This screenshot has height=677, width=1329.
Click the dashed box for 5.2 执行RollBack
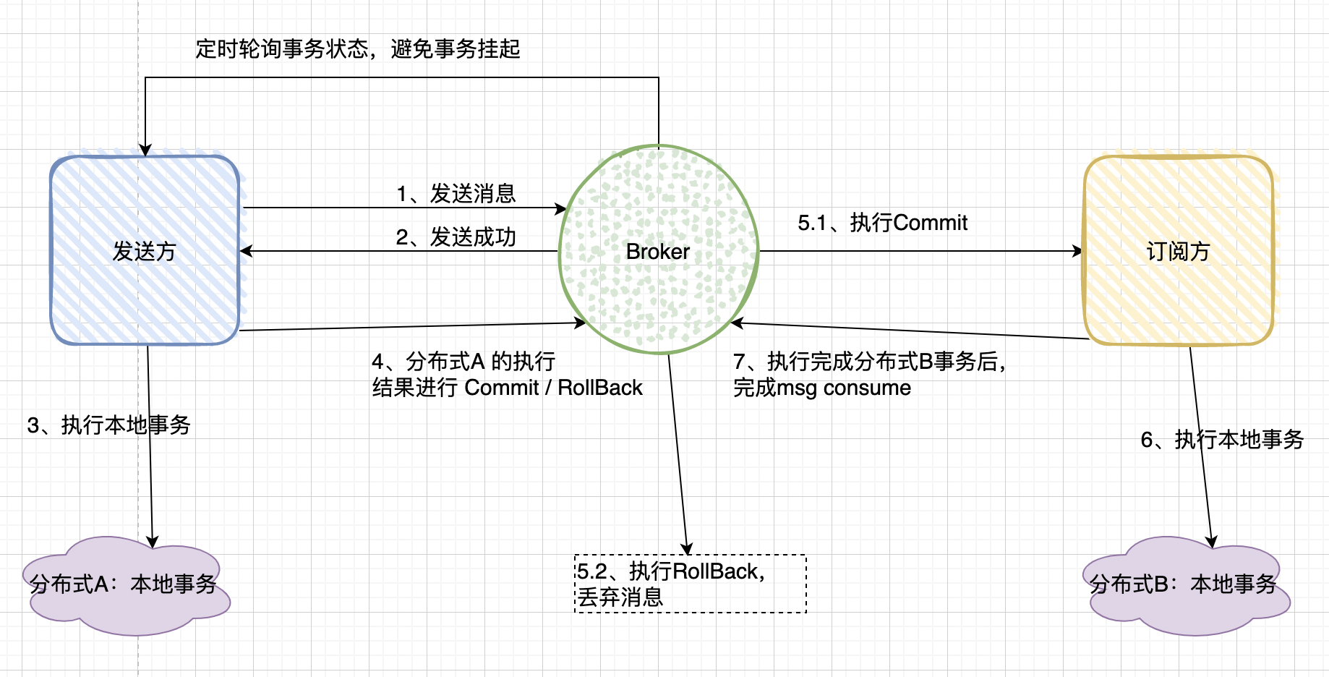coord(691,584)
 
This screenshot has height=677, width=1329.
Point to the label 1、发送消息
coord(456,194)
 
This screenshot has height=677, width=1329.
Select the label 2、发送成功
coord(456,237)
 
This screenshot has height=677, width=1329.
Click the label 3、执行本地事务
coord(109,425)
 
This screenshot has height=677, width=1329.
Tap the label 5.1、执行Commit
coord(882,223)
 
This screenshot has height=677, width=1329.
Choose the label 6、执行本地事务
coord(1222,440)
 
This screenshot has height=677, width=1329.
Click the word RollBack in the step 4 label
coord(599,388)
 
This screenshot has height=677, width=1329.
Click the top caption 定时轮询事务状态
coord(282,49)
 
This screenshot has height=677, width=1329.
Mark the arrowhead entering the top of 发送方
coord(145,150)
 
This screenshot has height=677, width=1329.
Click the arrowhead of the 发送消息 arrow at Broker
coord(561,208)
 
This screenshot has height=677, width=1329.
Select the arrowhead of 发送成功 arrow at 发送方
coord(246,251)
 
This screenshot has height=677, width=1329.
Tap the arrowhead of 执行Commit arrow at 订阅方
coord(1078,251)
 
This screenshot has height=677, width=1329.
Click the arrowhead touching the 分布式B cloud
coord(1212,542)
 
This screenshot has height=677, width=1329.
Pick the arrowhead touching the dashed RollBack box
coord(688,549)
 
